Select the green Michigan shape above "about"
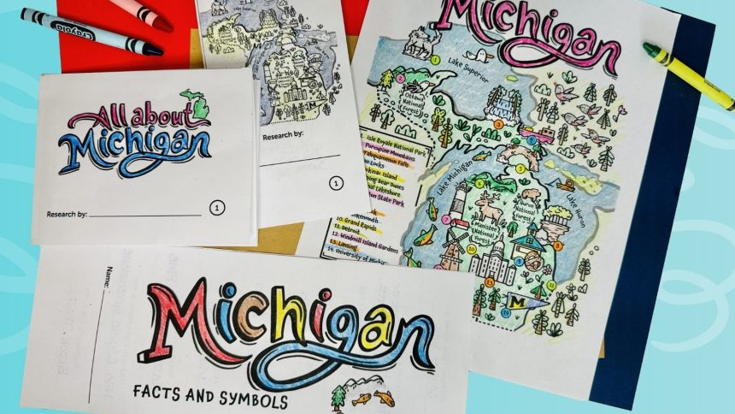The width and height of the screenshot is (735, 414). pyautogui.click(x=195, y=106)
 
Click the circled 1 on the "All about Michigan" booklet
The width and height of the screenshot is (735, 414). pyautogui.click(x=218, y=207)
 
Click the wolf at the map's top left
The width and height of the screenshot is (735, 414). pyautogui.click(x=419, y=43)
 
